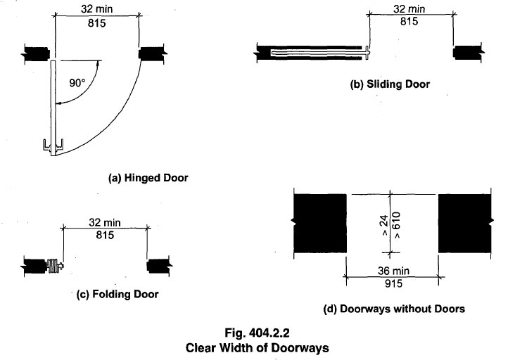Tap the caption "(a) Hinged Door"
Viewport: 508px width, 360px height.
148,179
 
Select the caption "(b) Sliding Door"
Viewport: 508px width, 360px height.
390,84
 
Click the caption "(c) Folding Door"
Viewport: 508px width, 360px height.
116,294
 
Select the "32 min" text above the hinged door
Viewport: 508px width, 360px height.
97,9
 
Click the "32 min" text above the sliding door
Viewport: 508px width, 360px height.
409,9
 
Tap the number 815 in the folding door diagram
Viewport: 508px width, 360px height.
104,236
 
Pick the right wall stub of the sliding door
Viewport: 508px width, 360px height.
466,51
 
